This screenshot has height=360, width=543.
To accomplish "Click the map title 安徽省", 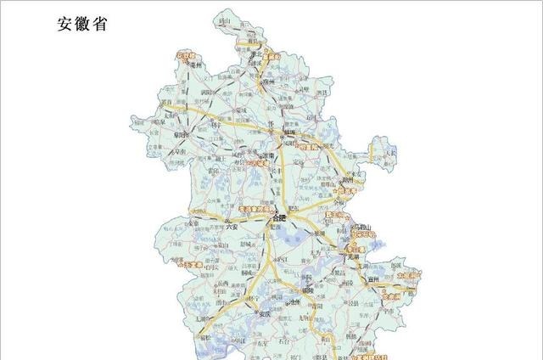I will click(82, 25).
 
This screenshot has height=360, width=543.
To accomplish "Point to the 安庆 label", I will click(264, 314).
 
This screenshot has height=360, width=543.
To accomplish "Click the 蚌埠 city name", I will click(293, 133).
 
